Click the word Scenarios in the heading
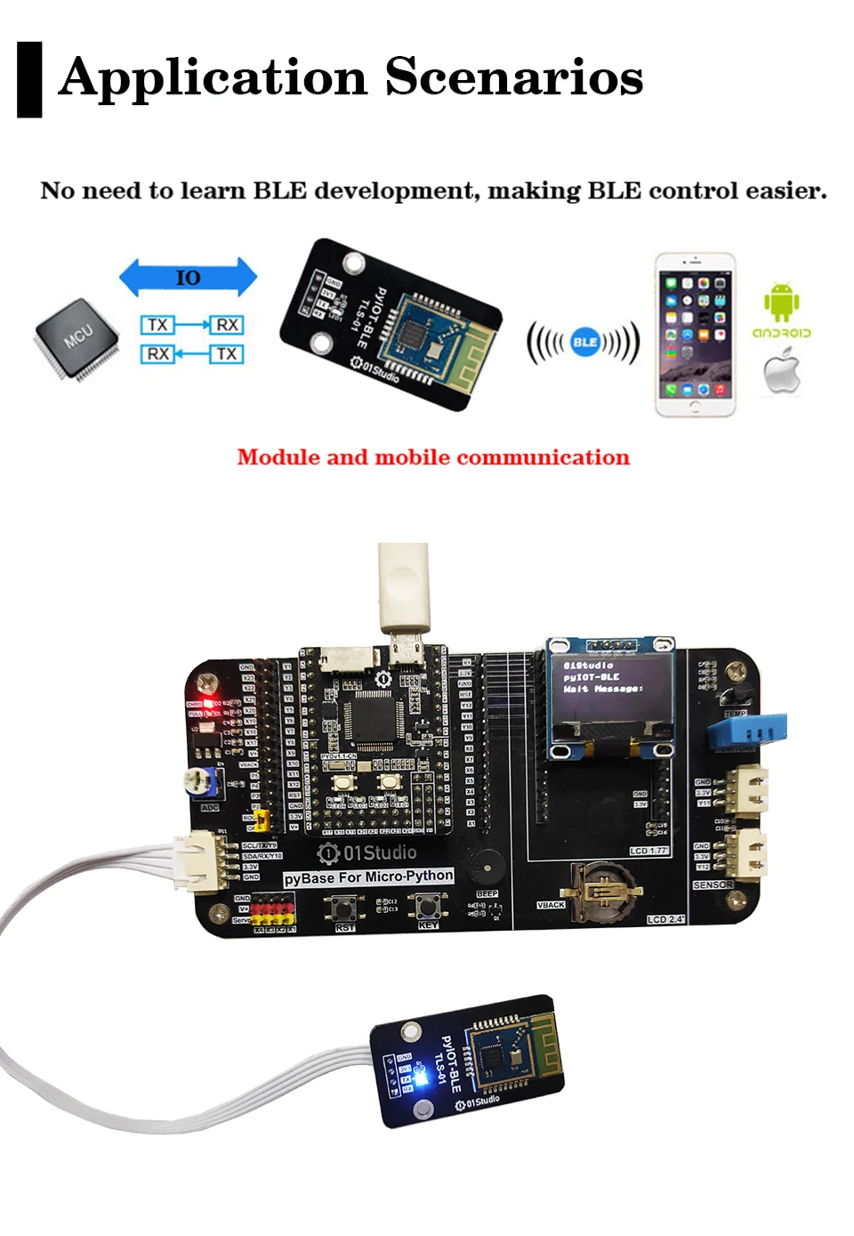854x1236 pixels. [x=514, y=77]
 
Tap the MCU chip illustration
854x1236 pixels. [x=77, y=338]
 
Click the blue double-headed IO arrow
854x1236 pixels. [x=188, y=278]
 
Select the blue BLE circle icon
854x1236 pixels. [x=584, y=342]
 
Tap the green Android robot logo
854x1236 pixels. [x=781, y=303]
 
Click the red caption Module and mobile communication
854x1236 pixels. [x=433, y=457]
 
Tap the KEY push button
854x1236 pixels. [x=428, y=906]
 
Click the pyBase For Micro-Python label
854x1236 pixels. [x=368, y=877]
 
